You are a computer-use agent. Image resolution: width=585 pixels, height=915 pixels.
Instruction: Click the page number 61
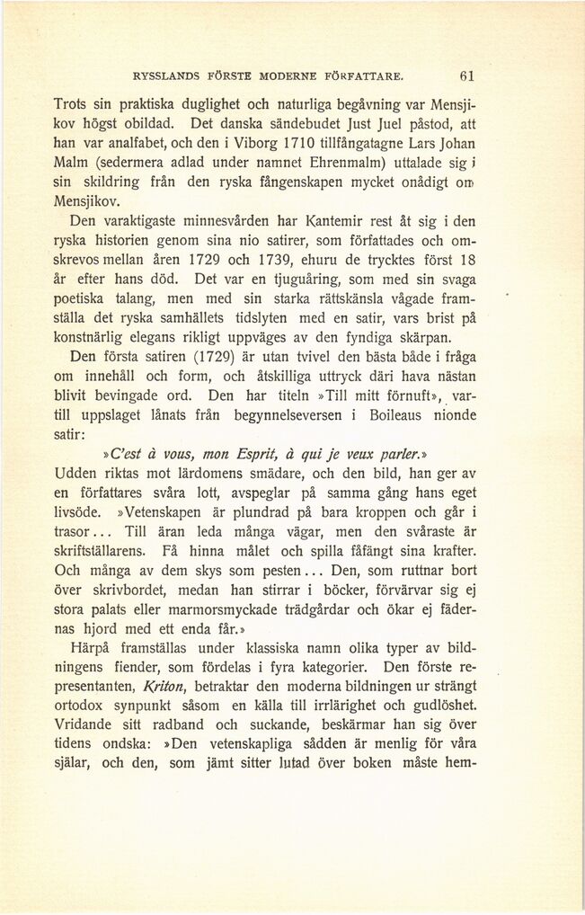pos(466,75)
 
